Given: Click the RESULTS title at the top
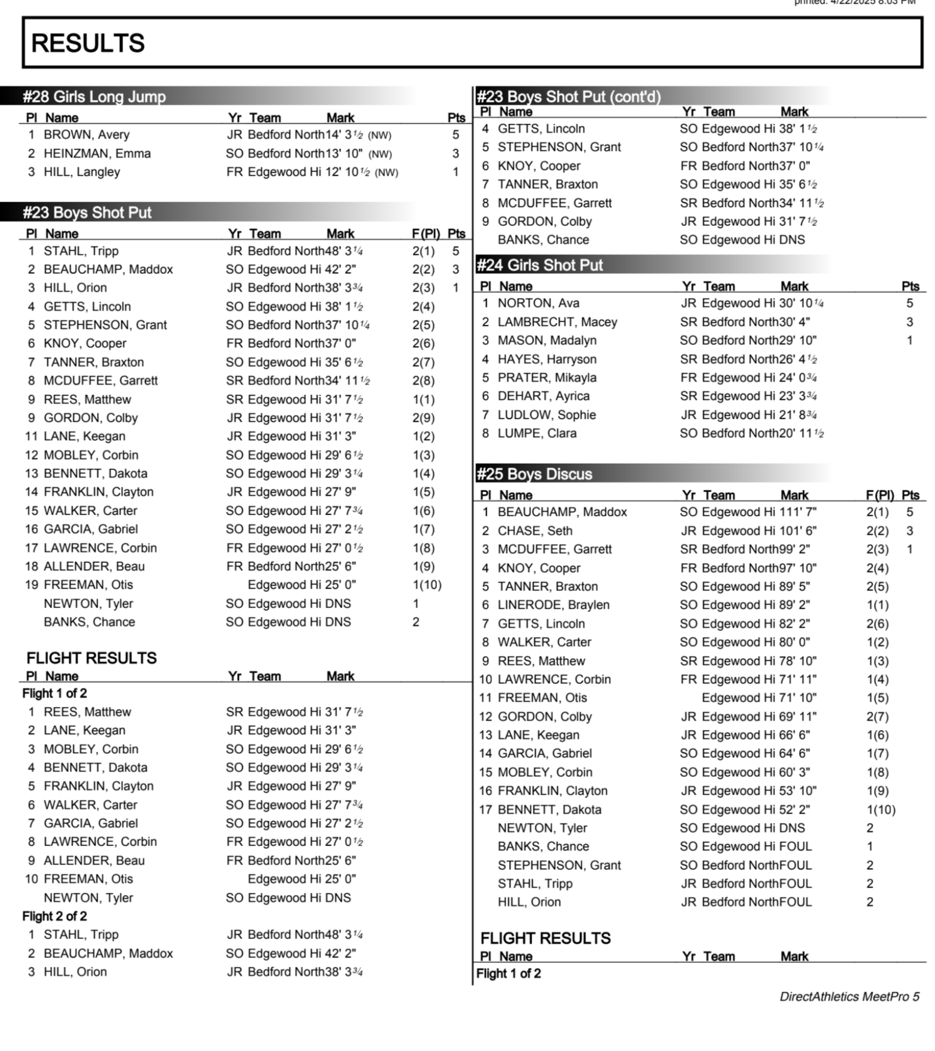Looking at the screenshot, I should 88,43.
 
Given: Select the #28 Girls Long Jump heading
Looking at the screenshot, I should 94,96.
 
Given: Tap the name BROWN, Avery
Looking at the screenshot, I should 87,135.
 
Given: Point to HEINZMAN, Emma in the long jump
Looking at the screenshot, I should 97,154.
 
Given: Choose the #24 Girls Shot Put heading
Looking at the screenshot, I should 539,265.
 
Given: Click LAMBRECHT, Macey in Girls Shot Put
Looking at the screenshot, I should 557,322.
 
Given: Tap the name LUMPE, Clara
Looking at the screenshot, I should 537,433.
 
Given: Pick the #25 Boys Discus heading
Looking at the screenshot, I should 534,474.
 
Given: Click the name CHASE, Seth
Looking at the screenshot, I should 535,531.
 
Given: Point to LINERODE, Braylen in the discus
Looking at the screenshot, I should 553,605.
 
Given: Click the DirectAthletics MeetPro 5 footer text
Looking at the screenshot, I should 849,996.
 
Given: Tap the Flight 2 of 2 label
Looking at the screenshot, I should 55,916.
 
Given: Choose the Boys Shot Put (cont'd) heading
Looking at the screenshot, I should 569,96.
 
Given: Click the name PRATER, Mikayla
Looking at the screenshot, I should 547,378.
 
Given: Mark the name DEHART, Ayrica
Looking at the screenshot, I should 544,396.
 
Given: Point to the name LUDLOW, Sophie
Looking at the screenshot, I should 547,415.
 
